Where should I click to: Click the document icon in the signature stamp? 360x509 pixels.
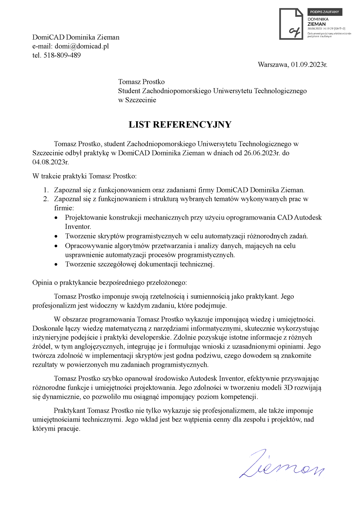(x=291, y=24)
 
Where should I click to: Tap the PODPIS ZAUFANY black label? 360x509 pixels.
(x=325, y=12)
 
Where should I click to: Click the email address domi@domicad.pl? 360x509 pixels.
(x=82, y=46)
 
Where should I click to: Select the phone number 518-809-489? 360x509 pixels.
(x=62, y=55)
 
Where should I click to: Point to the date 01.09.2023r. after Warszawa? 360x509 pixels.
(x=309, y=64)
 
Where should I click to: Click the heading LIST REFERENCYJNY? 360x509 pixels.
(x=180, y=124)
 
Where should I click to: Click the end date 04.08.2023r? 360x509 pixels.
(x=51, y=162)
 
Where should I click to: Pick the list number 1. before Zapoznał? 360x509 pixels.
(x=46, y=190)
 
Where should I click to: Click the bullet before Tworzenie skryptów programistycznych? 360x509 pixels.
(x=56, y=237)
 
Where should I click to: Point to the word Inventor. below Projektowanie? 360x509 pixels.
(x=78, y=226)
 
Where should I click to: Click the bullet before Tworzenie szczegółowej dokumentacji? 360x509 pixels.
(x=56, y=265)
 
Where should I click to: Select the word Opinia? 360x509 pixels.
(x=42, y=283)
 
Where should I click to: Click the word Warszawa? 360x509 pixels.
(x=273, y=64)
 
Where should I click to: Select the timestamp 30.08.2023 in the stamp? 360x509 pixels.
(x=314, y=29)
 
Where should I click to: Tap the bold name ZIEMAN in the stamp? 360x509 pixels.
(x=316, y=24)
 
